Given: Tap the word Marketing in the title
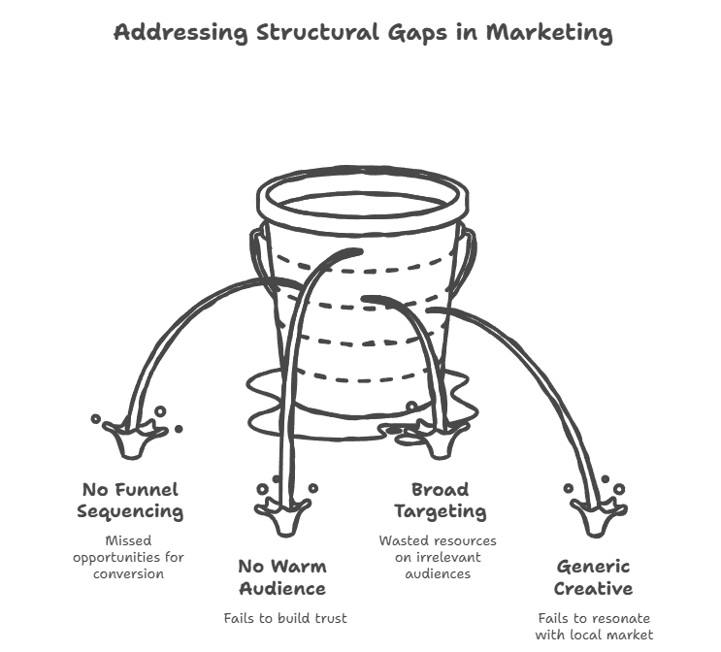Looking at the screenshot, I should coord(549,32).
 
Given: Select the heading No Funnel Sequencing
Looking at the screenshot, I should coord(130,500).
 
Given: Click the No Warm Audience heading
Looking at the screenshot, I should coord(281,576).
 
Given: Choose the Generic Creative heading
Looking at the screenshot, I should coord(593,576).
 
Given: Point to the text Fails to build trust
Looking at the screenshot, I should coord(284,618).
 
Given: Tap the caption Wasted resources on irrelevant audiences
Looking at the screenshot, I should coord(438,556).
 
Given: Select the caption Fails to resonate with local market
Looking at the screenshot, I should coord(594,626).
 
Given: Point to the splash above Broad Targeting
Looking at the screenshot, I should coord(440,439).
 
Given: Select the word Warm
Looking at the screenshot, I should coord(298,566).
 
